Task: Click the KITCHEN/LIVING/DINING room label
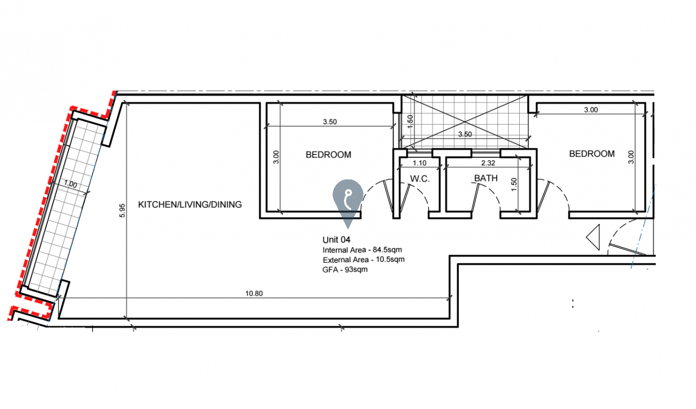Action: (190, 204)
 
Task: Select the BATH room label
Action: (486, 178)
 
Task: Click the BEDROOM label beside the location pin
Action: (328, 154)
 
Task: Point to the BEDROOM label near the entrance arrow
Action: (592, 153)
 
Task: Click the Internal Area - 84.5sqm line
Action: (363, 250)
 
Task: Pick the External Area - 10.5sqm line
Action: (363, 260)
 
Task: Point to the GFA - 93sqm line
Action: (345, 269)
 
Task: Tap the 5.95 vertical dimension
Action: (121, 210)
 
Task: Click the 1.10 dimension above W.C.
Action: (419, 163)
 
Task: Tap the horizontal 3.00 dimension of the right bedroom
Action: (590, 109)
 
